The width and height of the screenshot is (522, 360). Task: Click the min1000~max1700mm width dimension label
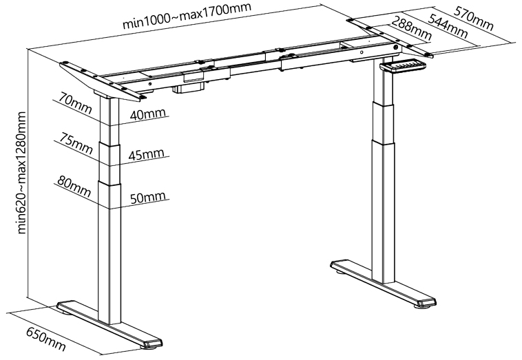point(187,16)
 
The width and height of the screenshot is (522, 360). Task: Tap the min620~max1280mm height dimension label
point(21,172)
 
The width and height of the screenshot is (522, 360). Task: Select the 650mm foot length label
point(46,339)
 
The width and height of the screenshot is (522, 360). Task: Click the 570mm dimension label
point(473,19)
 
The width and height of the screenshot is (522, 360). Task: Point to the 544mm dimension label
point(447,26)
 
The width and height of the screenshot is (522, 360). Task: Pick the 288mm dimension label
point(411,28)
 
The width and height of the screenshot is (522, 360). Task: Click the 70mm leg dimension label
point(75,103)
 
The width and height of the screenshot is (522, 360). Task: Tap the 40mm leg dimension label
point(147,114)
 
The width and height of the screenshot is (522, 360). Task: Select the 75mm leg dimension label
point(76,143)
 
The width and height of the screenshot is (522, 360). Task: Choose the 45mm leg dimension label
point(147,154)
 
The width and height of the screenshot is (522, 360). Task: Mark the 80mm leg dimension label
point(74,187)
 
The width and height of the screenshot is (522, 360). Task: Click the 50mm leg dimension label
point(147,198)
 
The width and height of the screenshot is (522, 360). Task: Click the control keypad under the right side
point(403,65)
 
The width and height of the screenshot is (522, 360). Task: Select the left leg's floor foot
point(109,325)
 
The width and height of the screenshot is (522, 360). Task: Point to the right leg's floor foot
point(383,283)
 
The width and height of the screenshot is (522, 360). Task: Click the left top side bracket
point(103,80)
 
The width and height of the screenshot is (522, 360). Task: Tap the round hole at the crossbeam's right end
point(396,47)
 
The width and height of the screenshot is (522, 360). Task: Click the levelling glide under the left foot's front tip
point(147,347)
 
